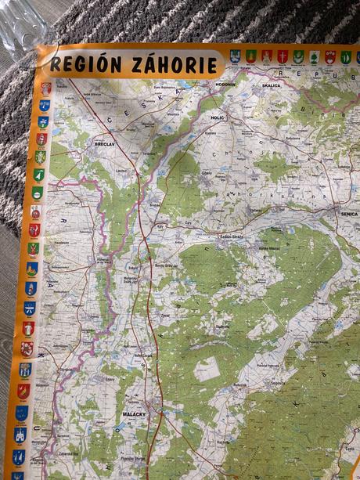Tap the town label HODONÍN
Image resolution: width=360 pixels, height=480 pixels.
tap(225, 84)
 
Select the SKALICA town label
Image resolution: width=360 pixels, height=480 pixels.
tap(272, 85)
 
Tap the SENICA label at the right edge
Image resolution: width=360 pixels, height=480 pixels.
tap(348, 213)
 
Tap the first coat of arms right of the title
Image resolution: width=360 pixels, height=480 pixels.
tap(235, 56)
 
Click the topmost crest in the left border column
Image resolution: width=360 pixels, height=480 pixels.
tap(45, 88)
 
